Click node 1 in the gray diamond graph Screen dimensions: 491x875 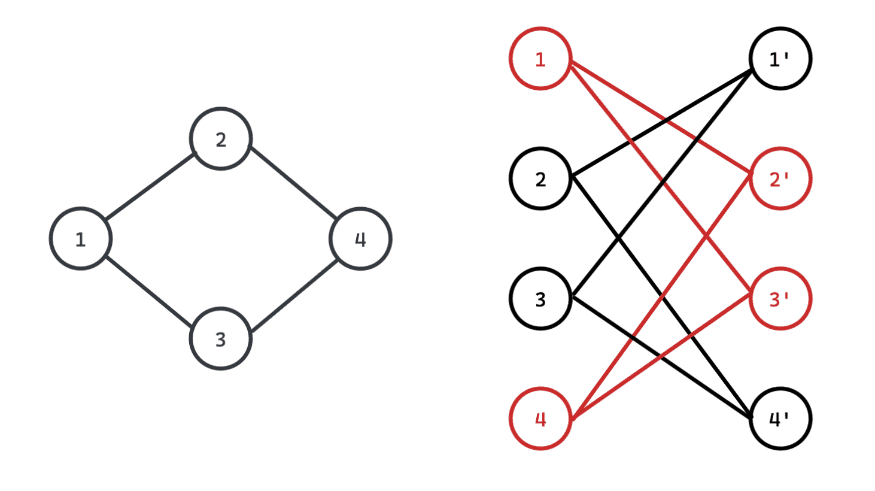coord(80,239)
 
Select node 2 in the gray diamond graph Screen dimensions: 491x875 coord(220,139)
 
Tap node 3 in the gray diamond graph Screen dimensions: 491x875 coord(220,339)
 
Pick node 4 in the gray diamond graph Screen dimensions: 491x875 coord(360,239)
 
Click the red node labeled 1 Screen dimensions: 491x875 coord(540,59)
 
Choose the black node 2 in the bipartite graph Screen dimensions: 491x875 coord(540,178)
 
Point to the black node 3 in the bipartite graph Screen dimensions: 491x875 coord(540,299)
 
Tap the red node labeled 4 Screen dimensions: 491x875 coord(540,419)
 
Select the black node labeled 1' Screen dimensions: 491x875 coord(780,59)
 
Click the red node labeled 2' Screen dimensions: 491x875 coord(780,178)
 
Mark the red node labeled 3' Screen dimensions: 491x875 coord(780,299)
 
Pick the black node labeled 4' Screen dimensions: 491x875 coord(780,419)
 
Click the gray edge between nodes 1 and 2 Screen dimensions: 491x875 coord(150,187)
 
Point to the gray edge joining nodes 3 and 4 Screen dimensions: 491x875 coord(295,295)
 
